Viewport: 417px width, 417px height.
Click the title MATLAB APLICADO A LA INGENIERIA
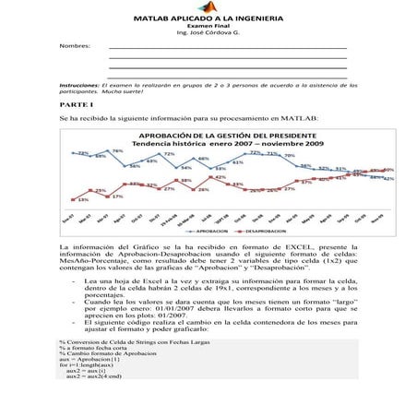coord(208,18)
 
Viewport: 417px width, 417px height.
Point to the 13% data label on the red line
coord(82,199)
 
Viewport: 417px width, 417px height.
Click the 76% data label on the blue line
coord(117,151)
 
